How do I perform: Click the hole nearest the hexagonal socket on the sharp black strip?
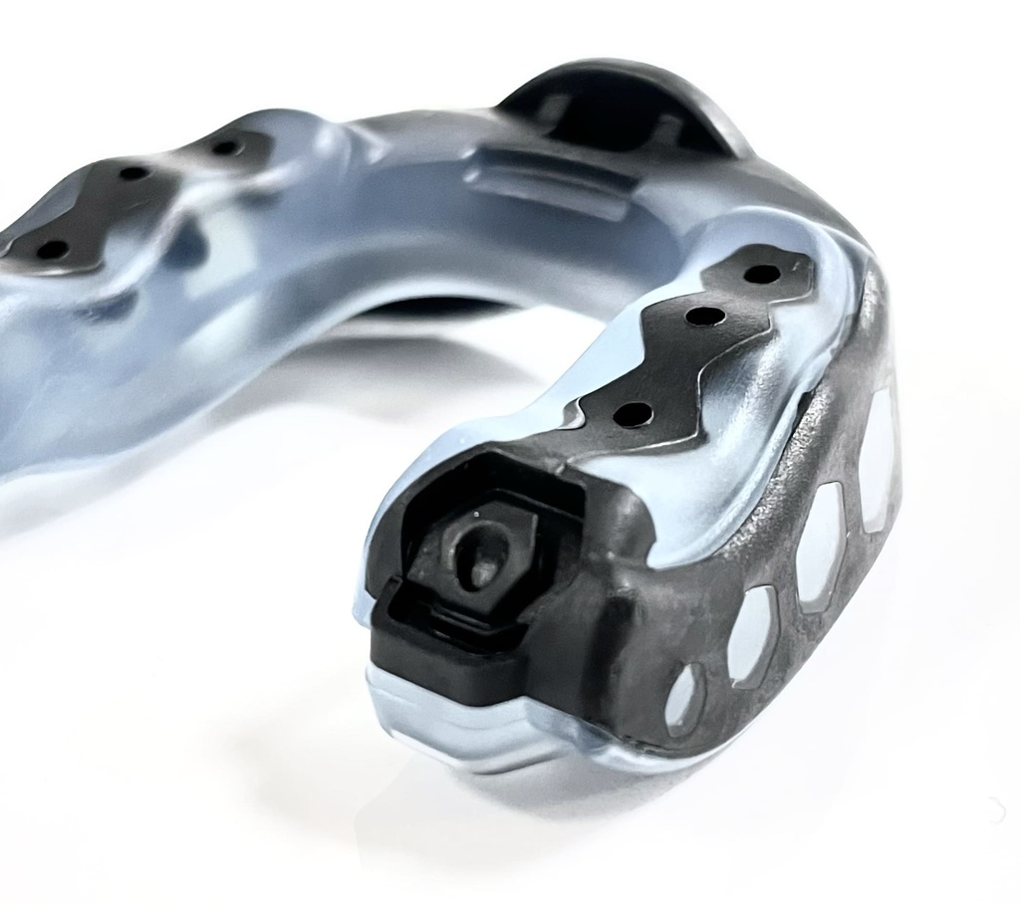634,413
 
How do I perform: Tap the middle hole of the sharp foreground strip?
705,318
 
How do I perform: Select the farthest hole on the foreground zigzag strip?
762,273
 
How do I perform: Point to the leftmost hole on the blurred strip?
52,249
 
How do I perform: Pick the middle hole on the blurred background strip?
134,173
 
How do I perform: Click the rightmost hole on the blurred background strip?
226,148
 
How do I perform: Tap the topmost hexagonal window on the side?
877,458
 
